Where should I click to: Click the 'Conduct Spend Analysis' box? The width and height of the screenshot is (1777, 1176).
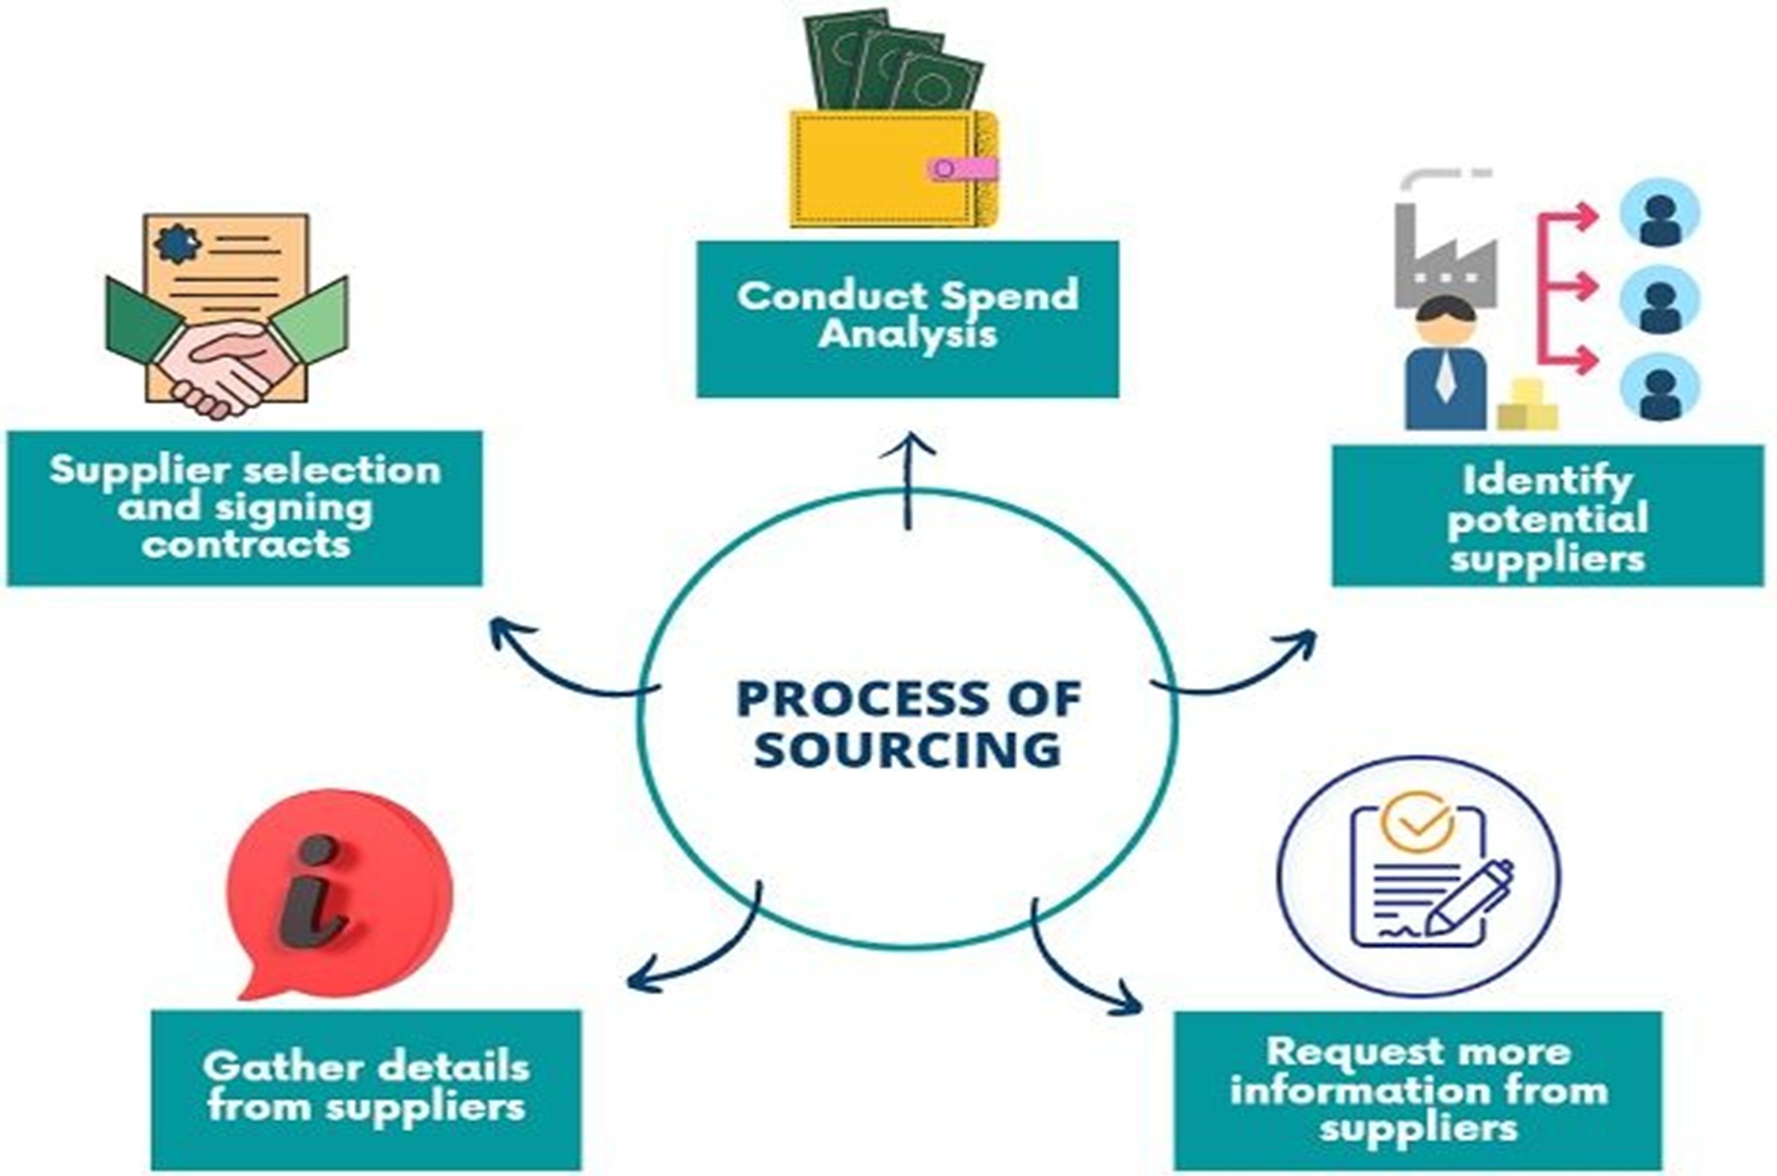click(907, 318)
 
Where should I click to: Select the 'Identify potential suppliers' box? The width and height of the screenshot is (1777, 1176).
click(1547, 516)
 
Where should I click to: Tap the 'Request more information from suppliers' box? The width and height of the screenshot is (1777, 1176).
click(1417, 1090)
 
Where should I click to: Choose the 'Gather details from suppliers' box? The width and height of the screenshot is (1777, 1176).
click(366, 1088)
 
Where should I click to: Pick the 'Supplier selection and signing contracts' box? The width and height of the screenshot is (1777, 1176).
click(245, 508)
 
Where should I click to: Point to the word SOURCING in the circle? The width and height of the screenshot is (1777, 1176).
click(908, 749)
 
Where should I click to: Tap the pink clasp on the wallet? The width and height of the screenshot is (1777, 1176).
click(961, 168)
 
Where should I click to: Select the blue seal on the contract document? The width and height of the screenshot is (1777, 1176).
click(177, 243)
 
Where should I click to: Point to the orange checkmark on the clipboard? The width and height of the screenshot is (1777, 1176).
click(1417, 821)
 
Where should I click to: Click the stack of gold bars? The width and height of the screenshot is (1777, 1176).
click(1527, 406)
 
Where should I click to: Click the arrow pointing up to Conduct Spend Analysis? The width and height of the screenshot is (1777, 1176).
click(908, 478)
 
